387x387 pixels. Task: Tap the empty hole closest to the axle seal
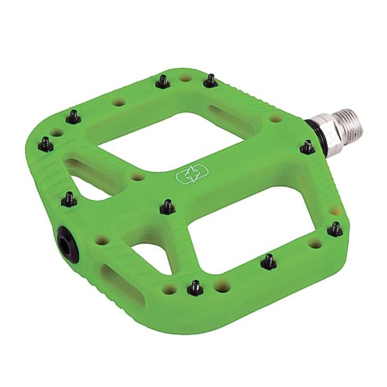(x=274, y=118)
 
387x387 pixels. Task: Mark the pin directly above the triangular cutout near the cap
(x=70, y=199)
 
